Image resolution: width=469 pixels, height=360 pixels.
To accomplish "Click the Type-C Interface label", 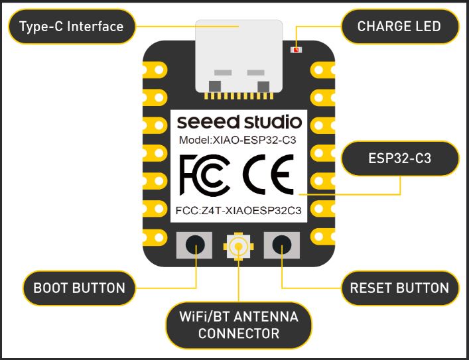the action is (72, 27).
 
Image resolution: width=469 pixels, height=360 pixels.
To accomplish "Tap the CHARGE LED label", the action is (399, 27).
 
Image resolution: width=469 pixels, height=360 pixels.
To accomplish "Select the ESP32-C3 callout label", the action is (399, 158).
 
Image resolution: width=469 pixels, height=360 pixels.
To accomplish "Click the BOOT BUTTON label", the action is (79, 288).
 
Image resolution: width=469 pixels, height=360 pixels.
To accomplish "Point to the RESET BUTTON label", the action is (399, 288).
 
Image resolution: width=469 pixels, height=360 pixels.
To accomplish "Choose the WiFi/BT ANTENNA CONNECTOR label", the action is (239, 325).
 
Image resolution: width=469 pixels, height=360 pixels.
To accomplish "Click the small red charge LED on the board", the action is (297, 50).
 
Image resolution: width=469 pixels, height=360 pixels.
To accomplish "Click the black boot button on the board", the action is (195, 245).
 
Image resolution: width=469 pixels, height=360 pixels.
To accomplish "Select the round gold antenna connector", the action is (238, 247).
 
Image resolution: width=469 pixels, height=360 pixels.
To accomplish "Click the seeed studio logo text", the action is (239, 122).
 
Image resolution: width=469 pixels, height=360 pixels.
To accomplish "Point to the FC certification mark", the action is (205, 175).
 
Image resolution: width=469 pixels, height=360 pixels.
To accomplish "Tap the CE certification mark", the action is (268, 174).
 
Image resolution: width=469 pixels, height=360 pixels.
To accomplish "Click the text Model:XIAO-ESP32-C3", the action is (237, 140).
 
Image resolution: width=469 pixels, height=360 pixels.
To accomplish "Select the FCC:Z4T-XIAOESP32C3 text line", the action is (238, 211).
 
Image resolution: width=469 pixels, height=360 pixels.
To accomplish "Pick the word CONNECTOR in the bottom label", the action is (239, 333).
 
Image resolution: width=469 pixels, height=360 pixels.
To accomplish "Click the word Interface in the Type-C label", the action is (95, 27).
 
